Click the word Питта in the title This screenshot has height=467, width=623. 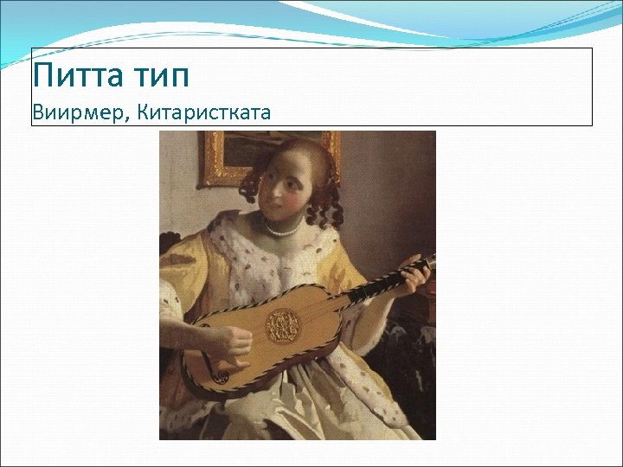pos(79,75)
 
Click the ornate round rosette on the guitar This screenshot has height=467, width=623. pos(282,324)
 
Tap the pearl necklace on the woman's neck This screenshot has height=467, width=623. pos(280,230)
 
